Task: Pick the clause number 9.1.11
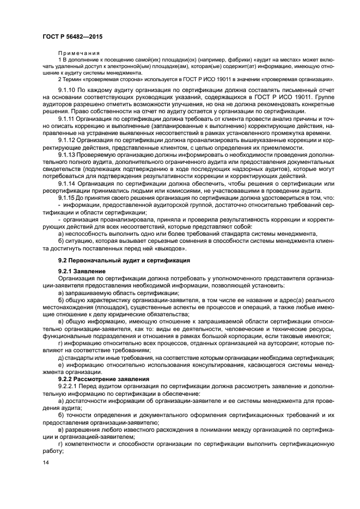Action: pyautogui.click(x=66, y=118)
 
